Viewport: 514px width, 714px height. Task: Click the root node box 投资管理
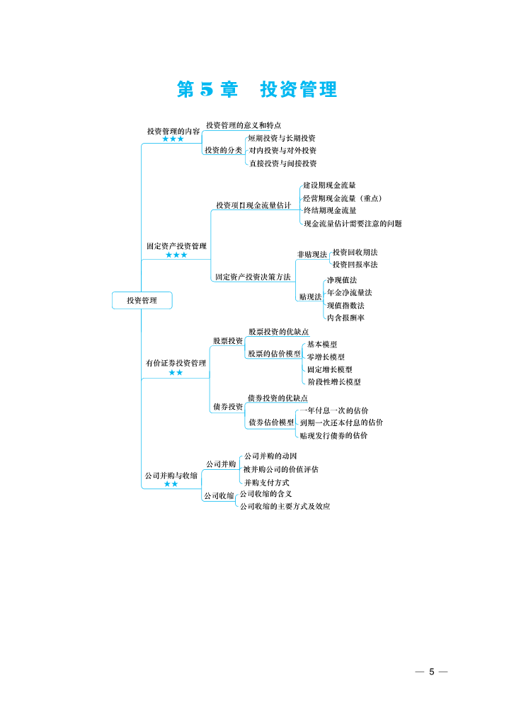pyautogui.click(x=142, y=301)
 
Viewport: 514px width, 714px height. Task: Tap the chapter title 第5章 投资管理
pyautogui.click(x=257, y=89)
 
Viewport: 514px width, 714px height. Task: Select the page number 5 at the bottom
pyautogui.click(x=432, y=672)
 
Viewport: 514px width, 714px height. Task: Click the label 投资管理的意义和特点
pyautogui.click(x=244, y=125)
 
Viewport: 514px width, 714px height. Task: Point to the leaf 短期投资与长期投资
pyautogui.click(x=282, y=138)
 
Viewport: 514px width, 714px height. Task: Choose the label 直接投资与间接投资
pyautogui.click(x=283, y=163)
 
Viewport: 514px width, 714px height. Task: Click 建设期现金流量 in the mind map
pyautogui.click(x=329, y=185)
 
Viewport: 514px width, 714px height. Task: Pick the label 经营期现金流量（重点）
pyautogui.click(x=343, y=198)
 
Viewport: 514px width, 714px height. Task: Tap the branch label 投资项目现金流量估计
pyautogui.click(x=253, y=205)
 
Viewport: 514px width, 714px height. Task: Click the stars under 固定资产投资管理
pyautogui.click(x=176, y=255)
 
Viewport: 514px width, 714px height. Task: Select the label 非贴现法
pyautogui.click(x=312, y=255)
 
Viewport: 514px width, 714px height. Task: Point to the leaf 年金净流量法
pyautogui.click(x=350, y=293)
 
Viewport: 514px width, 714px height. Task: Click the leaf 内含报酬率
pyautogui.click(x=346, y=318)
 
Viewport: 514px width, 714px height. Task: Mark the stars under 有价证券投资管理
pyautogui.click(x=176, y=372)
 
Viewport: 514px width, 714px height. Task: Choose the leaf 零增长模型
pyautogui.click(x=326, y=357)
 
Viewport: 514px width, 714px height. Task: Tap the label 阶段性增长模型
pyautogui.click(x=334, y=382)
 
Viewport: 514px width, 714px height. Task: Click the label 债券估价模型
pyautogui.click(x=271, y=422)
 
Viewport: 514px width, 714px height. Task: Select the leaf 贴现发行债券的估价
pyautogui.click(x=333, y=436)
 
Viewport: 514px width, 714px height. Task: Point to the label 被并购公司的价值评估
pyautogui.click(x=280, y=469)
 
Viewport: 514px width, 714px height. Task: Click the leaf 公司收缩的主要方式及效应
pyautogui.click(x=285, y=507)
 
